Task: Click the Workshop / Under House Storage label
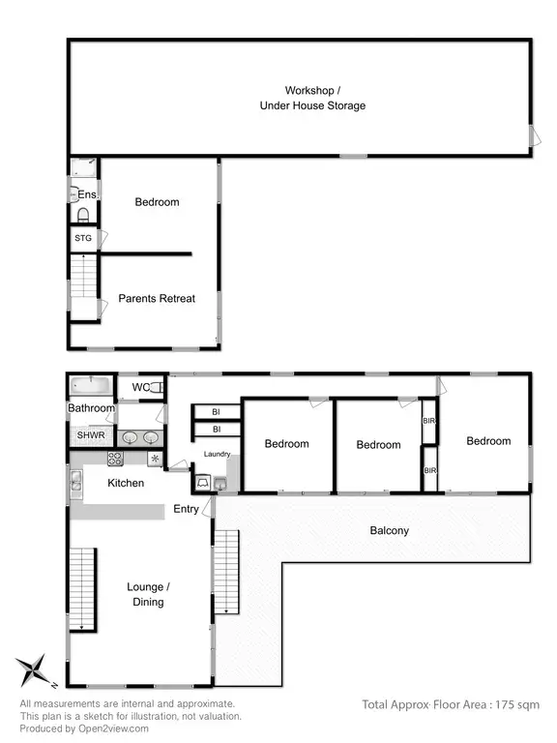311,98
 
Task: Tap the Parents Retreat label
157,298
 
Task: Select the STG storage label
83,237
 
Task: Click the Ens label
87,194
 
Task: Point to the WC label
141,388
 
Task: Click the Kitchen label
127,482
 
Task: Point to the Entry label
187,509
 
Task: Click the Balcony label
390,530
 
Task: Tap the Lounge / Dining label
148,594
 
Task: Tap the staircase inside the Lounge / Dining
83,587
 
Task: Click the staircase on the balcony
225,573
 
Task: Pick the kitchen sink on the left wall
74,480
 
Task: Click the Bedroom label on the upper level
157,202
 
